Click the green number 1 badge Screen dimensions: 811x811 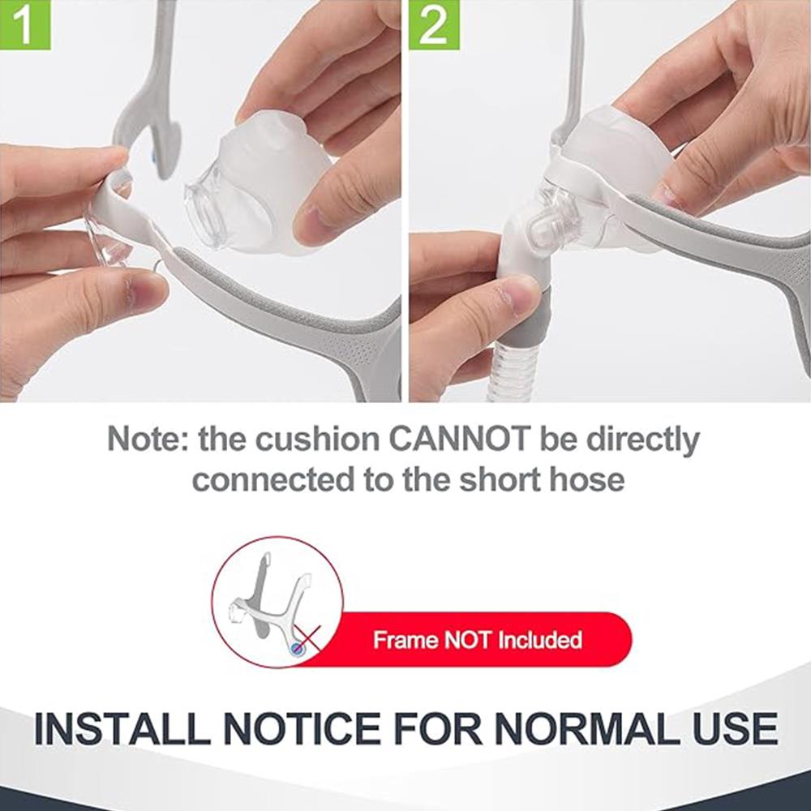[x=25, y=25]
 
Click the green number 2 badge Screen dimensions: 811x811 [x=434, y=25]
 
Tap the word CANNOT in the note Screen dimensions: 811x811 [x=459, y=439]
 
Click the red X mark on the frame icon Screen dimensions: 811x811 [x=307, y=638]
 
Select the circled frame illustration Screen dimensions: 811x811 [x=277, y=602]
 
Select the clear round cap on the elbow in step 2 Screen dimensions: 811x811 [x=539, y=230]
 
